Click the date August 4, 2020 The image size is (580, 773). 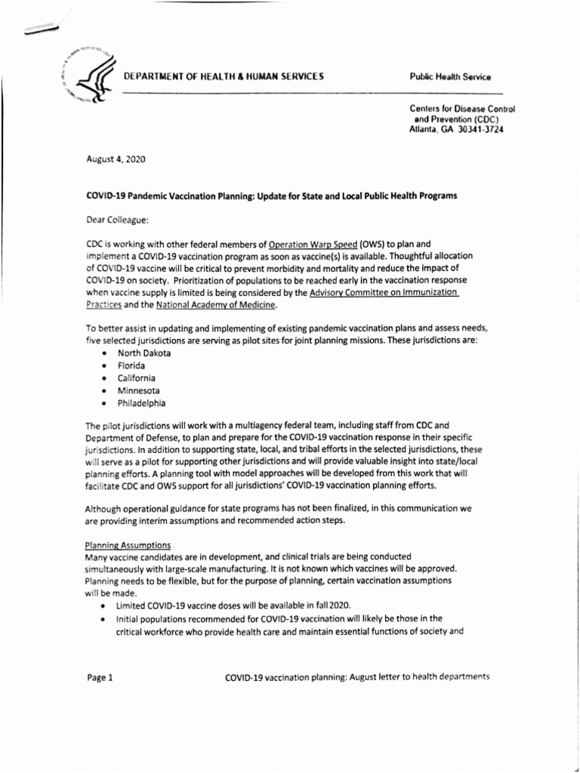(x=116, y=159)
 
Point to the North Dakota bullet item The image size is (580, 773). (x=143, y=353)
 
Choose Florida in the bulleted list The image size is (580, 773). (x=131, y=365)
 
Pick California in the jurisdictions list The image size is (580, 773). (x=136, y=377)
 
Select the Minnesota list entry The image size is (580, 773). (x=138, y=390)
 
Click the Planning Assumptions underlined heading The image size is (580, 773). (x=128, y=546)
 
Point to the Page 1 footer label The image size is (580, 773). (x=99, y=676)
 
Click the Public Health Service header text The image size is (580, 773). (x=450, y=77)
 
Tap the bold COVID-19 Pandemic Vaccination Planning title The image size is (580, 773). (x=271, y=196)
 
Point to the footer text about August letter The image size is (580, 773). (x=357, y=676)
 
